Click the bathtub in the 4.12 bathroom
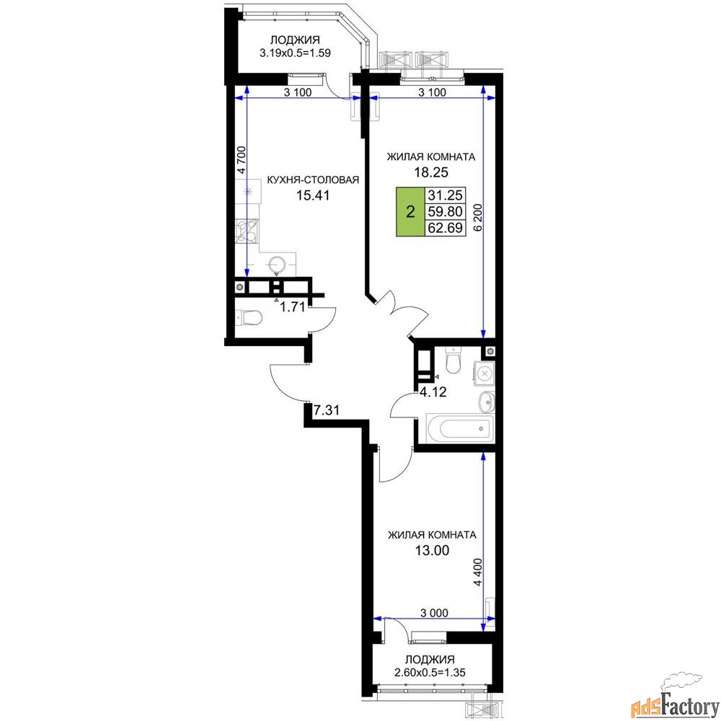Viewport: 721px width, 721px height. click(x=460, y=429)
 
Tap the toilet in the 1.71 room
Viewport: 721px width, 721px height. click(x=249, y=318)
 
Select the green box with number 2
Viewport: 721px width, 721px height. click(x=411, y=211)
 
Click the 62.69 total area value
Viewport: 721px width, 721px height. click(x=445, y=228)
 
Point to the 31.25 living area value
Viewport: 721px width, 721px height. click(x=445, y=195)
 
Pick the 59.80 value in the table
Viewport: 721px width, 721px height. click(x=445, y=211)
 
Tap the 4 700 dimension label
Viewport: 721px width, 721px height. click(x=242, y=159)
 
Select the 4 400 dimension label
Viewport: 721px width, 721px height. click(x=478, y=572)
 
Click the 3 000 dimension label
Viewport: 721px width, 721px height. click(x=434, y=612)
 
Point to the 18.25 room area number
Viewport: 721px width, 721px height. click(x=431, y=172)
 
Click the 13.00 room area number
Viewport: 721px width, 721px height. click(x=432, y=550)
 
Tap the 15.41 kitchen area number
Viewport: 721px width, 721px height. click(x=313, y=195)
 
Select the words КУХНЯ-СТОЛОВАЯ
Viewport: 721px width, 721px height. click(x=313, y=180)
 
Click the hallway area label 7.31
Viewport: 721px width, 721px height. click(x=327, y=410)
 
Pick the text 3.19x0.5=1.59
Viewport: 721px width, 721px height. click(x=295, y=53)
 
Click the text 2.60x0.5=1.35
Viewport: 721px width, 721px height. click(x=430, y=672)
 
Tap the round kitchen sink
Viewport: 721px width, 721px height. click(x=277, y=265)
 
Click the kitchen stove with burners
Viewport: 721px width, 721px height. click(x=247, y=231)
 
